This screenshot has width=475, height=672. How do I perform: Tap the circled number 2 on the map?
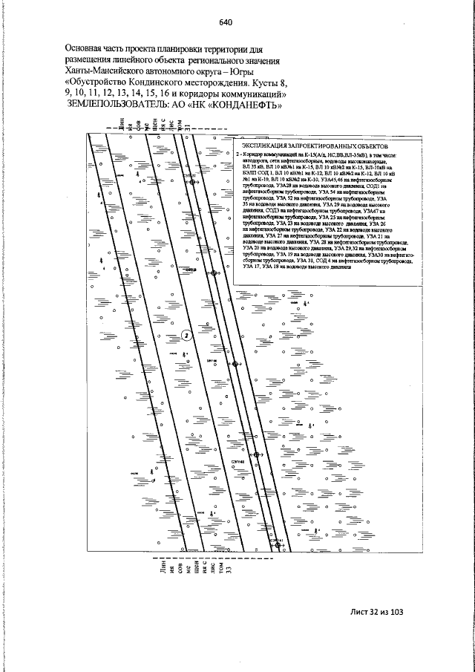pyautogui.click(x=186, y=335)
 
